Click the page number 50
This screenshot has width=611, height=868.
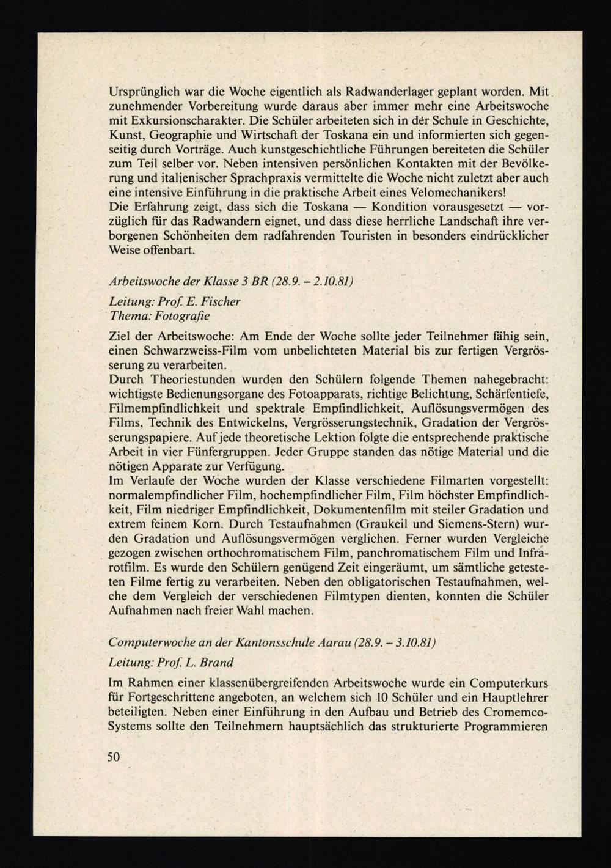114,757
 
